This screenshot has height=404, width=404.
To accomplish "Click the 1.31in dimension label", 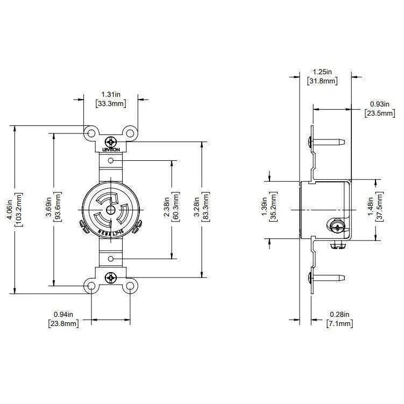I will pos(110,95).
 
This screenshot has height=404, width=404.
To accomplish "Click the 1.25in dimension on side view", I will pos(322,72).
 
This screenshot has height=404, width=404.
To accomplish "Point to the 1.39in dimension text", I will pos(264,210).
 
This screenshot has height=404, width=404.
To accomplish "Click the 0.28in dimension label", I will pos(339,314).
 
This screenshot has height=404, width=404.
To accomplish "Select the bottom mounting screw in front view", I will pos(111,279).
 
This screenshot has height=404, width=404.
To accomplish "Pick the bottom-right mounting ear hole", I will pos(130,286).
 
